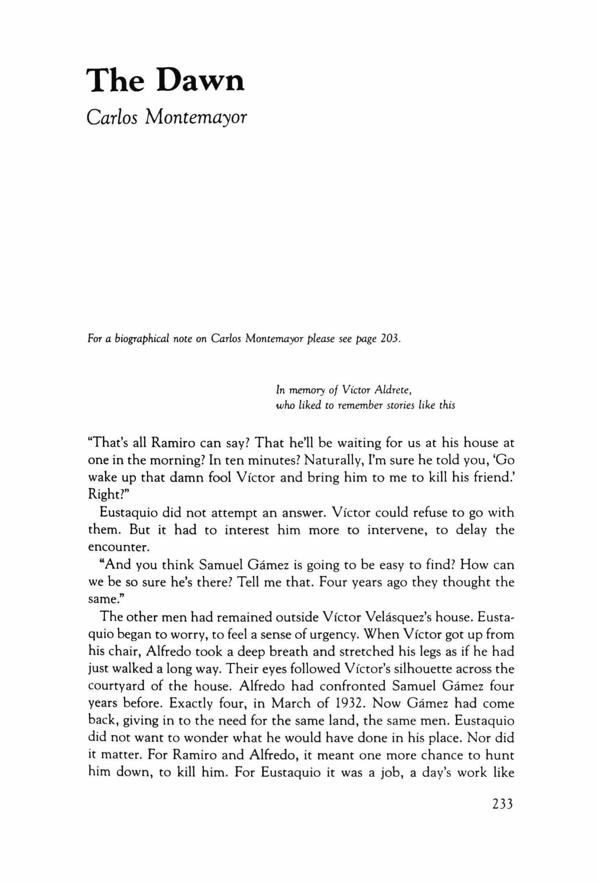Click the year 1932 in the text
tap(350, 703)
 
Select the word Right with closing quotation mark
tap(112, 495)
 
